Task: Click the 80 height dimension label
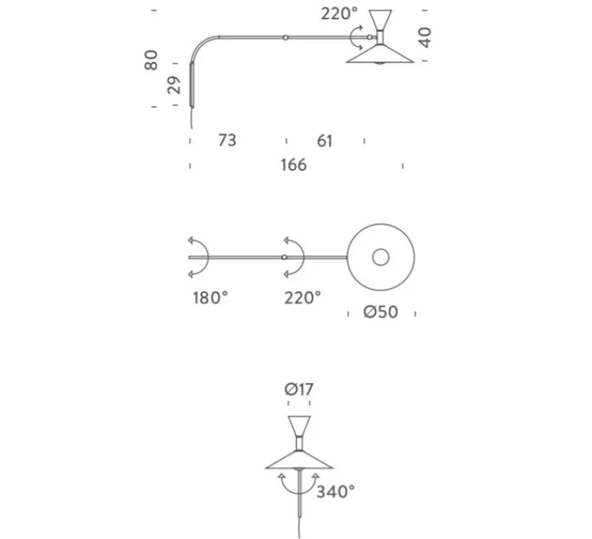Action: [151, 60]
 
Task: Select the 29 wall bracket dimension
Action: [174, 85]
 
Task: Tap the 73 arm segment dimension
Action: [227, 140]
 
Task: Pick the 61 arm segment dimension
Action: [325, 141]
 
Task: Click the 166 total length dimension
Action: [294, 165]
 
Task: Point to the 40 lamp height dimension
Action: [425, 37]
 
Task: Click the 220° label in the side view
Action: [339, 14]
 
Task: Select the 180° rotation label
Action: [210, 298]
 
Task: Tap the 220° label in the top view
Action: [302, 298]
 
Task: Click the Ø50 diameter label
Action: [381, 312]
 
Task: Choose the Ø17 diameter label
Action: [299, 389]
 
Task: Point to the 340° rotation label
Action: [336, 492]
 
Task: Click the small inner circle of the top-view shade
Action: [381, 257]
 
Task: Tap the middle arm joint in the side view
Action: [286, 37]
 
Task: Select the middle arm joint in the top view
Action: [285, 258]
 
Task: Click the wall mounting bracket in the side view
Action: [192, 85]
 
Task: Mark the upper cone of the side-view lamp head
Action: [381, 21]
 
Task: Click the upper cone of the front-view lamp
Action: [299, 426]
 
